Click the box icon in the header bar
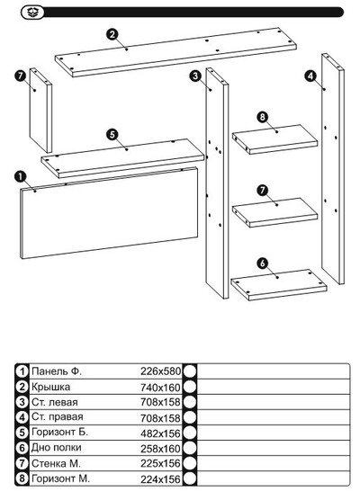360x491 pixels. tap(32, 13)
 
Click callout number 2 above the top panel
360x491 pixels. tap(112, 34)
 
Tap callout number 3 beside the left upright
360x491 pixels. tap(195, 76)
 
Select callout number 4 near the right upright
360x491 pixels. tap(310, 76)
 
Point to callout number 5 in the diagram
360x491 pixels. tap(112, 135)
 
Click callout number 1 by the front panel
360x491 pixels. tap(21, 176)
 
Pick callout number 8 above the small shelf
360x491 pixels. tap(263, 117)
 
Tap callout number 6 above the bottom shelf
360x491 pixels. tap(263, 263)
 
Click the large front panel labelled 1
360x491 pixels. tap(109, 213)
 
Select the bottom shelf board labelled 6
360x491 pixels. tap(279, 285)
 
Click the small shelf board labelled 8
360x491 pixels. tap(274, 139)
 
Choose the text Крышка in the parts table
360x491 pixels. tap(50, 387)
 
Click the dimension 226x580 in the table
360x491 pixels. tap(161, 371)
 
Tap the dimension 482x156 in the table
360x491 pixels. tap(161, 433)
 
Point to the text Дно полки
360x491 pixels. tap(57, 448)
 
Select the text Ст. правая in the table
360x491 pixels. tap(58, 417)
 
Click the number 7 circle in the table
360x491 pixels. tap(22, 463)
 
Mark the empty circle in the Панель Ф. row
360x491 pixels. tap(190, 371)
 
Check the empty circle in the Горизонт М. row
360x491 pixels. tap(190, 478)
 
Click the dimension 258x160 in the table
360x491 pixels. tap(161, 449)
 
